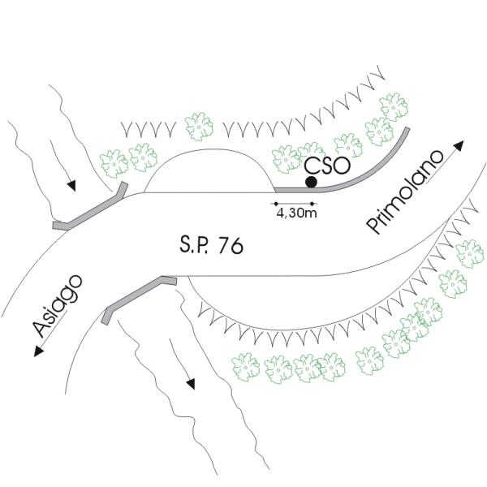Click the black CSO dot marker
click(311, 182)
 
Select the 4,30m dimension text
click(296, 215)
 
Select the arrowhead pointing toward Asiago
click(37, 351)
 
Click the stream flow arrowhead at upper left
click(72, 185)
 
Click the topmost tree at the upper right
click(394, 106)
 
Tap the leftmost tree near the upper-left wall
click(114, 162)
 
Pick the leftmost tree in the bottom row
click(246, 368)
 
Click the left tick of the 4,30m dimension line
click(275, 204)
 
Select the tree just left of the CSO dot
click(287, 158)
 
